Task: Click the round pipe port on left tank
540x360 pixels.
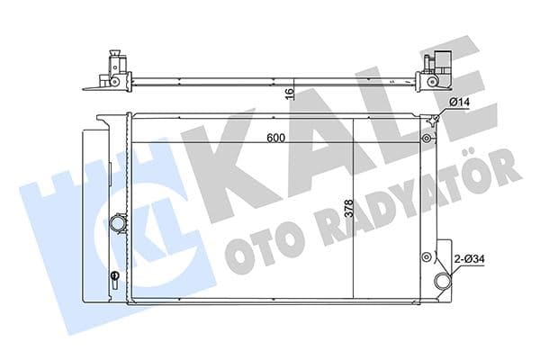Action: [118, 222]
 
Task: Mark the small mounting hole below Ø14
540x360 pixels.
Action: [426, 139]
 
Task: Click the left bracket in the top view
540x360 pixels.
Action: [113, 71]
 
